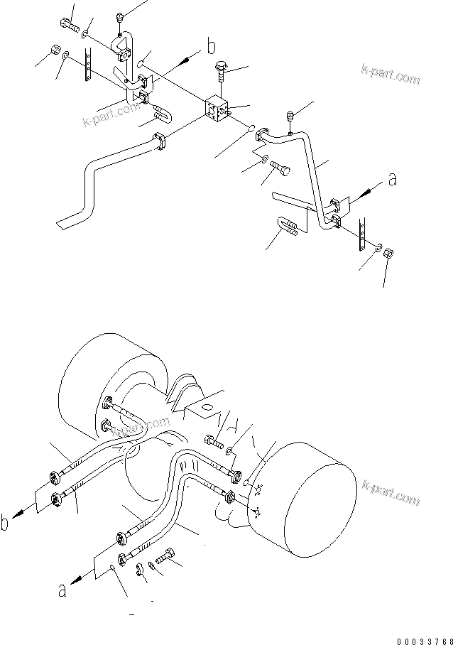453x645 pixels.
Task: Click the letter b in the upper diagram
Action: point(211,48)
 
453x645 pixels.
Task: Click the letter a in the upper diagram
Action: point(391,181)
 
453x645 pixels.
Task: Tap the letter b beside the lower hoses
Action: point(6,524)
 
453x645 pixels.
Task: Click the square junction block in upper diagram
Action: point(218,109)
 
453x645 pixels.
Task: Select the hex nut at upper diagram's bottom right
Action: point(388,253)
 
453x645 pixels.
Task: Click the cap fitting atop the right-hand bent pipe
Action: point(290,114)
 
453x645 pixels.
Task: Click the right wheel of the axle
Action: point(305,508)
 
